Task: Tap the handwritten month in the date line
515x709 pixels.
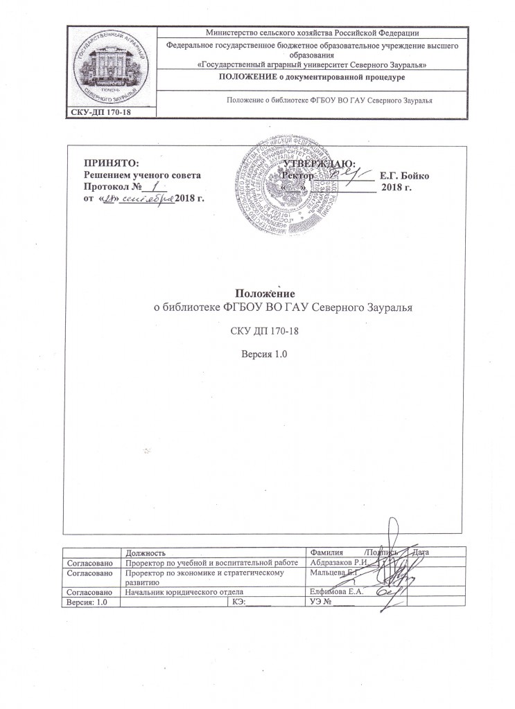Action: point(148,199)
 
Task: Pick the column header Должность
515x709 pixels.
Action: point(145,553)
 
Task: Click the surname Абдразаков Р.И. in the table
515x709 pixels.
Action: point(339,564)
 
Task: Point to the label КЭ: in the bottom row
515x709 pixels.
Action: point(235,602)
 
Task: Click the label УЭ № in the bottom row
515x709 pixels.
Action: point(324,602)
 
